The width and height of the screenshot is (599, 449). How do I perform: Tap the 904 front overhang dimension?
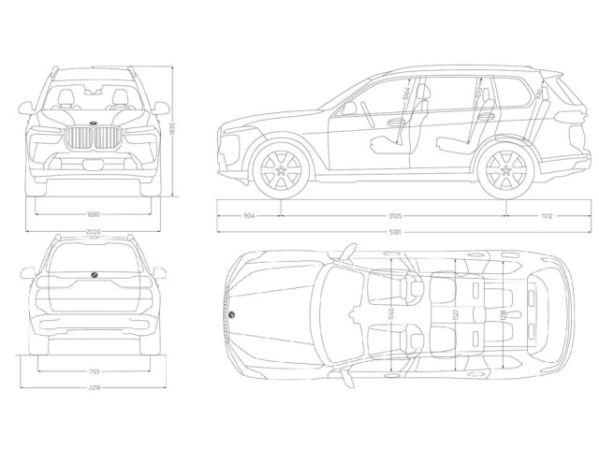[x=249, y=215]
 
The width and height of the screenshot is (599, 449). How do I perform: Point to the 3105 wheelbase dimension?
[x=392, y=215]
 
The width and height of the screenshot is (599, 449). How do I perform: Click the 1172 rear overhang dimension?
[x=547, y=215]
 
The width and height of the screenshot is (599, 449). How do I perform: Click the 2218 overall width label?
[x=94, y=386]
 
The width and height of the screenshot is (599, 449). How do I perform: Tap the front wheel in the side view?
[x=281, y=171]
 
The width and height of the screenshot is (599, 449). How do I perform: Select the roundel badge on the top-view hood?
[x=233, y=314]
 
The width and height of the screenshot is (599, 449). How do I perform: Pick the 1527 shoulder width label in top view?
[x=454, y=318]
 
